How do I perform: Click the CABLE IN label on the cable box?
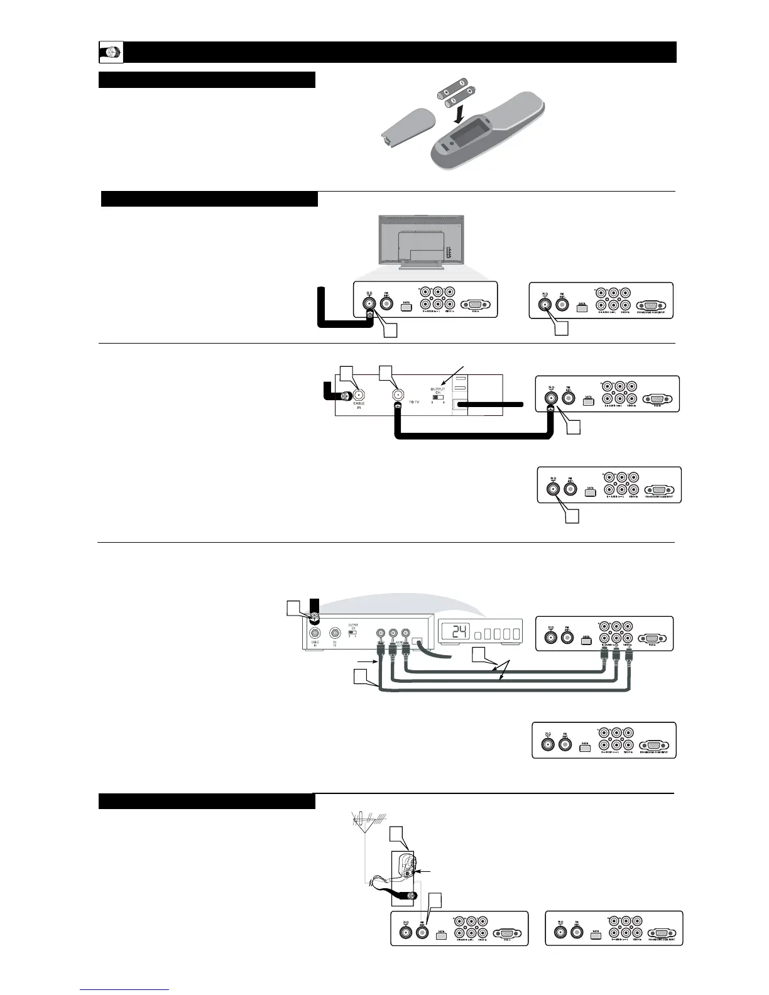[360, 405]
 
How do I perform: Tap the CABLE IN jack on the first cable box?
[359, 395]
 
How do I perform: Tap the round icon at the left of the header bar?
[111, 53]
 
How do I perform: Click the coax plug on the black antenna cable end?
[412, 896]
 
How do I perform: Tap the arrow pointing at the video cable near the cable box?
[366, 662]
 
